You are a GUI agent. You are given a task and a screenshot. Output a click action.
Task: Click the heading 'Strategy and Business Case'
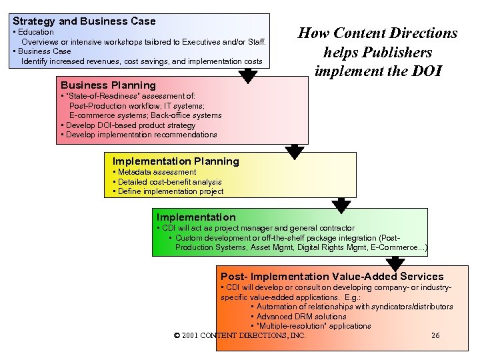coord(84,21)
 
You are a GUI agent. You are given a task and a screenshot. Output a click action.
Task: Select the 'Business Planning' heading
coord(108,85)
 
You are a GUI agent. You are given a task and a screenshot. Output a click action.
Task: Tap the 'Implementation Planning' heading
coord(175,161)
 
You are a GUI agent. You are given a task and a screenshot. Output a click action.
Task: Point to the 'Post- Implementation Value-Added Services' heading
coord(331,276)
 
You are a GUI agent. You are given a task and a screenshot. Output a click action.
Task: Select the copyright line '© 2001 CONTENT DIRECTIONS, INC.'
coord(239,335)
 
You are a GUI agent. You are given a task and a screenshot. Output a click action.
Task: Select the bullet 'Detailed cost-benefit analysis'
coord(169,182)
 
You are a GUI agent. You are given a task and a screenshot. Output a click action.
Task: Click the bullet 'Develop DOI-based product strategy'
coord(129,125)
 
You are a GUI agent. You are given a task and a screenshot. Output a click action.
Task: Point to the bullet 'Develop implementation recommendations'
coord(140,135)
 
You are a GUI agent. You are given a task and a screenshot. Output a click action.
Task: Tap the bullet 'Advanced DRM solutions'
coord(301,317)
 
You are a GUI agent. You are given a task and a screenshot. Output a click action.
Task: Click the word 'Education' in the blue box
coord(35,32)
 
